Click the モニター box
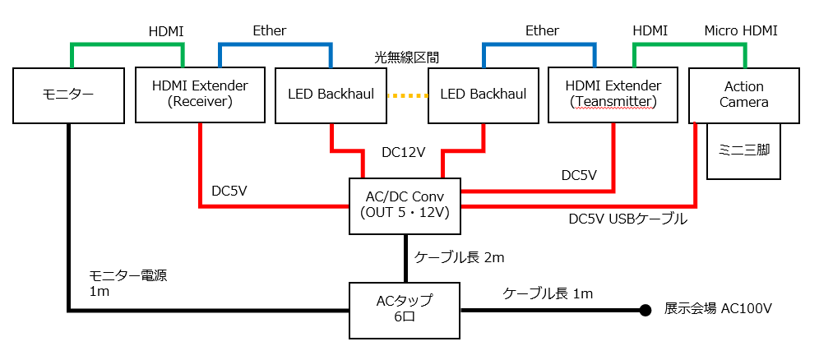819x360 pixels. pyautogui.click(x=68, y=95)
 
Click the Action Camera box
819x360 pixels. pyautogui.click(x=743, y=95)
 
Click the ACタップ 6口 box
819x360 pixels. pyautogui.click(x=404, y=310)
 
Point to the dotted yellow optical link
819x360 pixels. pyautogui.click(x=407, y=95)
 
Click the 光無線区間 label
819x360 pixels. pyautogui.click(x=406, y=58)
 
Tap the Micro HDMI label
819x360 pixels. pyautogui.click(x=740, y=30)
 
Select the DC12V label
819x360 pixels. pyautogui.click(x=403, y=152)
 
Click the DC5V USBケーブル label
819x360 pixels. pyautogui.click(x=628, y=219)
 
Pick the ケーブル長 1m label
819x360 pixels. pyautogui.click(x=548, y=293)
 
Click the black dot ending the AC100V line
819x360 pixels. pyautogui.click(x=646, y=311)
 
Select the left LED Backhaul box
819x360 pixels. pyautogui.click(x=331, y=95)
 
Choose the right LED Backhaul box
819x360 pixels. pyautogui.click(x=483, y=95)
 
